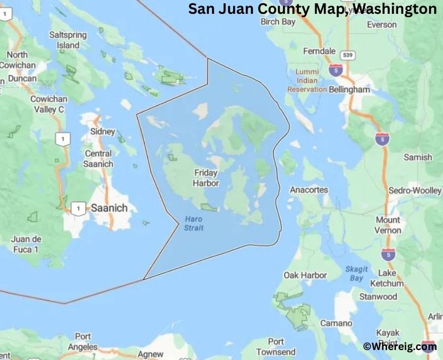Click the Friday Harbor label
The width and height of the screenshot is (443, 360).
(x=205, y=178)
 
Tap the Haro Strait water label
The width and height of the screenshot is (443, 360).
(x=193, y=223)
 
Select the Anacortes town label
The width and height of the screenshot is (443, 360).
(x=309, y=190)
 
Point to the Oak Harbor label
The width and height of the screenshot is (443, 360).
(x=305, y=275)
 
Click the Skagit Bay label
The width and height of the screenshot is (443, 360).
(x=357, y=273)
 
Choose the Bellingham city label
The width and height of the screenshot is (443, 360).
(x=349, y=89)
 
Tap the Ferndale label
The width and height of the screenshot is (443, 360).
(x=320, y=51)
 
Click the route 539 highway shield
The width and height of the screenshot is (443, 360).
(x=348, y=55)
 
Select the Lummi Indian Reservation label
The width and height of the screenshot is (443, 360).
(x=307, y=80)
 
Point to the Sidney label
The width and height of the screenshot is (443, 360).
(x=102, y=132)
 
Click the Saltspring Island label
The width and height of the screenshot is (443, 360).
(x=68, y=39)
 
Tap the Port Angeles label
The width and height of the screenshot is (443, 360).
(x=83, y=342)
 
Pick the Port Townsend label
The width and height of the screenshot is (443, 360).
(x=276, y=347)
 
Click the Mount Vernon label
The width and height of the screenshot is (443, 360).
(x=403, y=225)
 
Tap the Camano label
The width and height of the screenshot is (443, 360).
(x=336, y=323)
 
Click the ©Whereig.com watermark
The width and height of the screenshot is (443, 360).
(x=400, y=347)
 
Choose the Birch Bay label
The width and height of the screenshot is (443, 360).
(x=279, y=22)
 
